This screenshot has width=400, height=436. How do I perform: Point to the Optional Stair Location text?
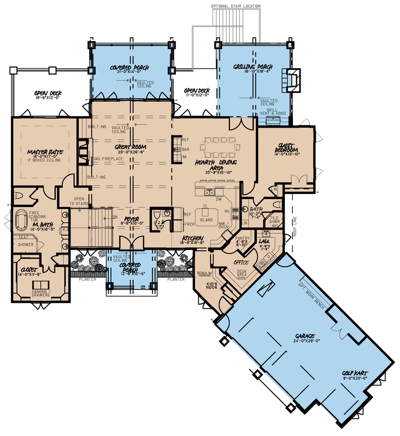point(236,6)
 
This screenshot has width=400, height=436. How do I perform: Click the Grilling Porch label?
point(253,67)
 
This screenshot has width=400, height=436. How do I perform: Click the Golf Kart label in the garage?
point(355,373)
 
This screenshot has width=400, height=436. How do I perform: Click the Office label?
point(241,263)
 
